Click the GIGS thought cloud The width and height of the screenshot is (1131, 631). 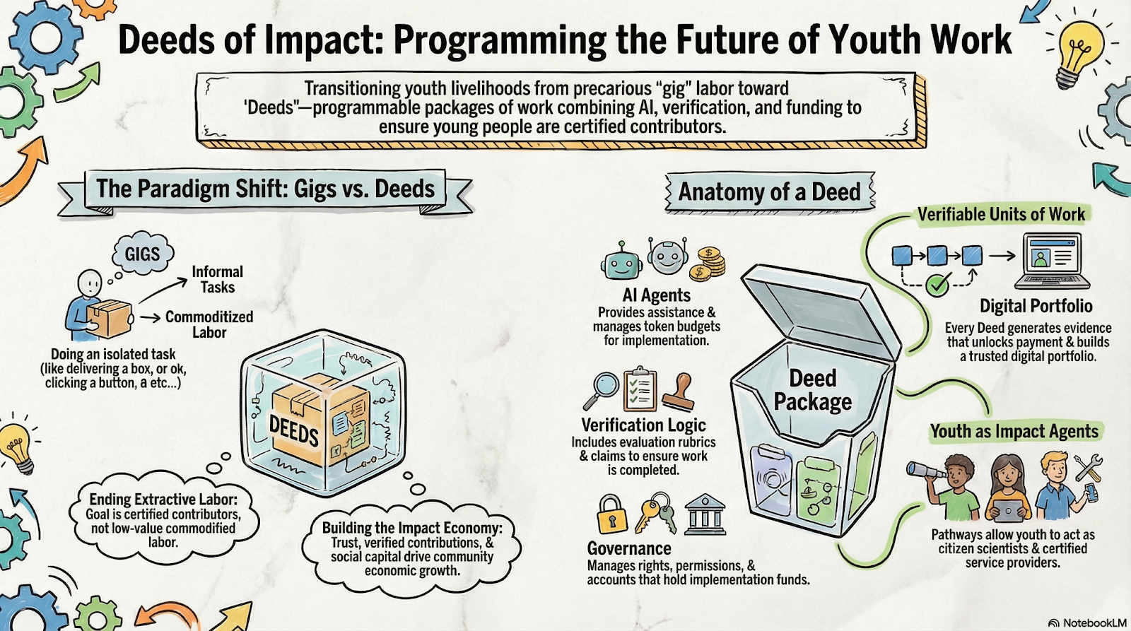click(143, 254)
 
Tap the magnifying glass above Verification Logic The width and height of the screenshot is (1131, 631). click(601, 390)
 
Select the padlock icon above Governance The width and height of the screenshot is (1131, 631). click(612, 514)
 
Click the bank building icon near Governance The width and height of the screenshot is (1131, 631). click(705, 514)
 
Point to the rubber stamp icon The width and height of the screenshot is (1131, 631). click(679, 392)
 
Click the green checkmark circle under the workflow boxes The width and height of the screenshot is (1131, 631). click(937, 285)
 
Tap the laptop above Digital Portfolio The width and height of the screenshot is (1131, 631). click(1052, 261)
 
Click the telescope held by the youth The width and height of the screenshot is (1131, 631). click(927, 471)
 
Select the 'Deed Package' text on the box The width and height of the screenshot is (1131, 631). click(813, 390)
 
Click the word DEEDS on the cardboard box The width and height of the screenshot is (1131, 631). click(294, 430)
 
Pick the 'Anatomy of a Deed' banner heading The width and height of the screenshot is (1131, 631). click(769, 191)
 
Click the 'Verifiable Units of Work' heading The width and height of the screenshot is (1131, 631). click(1001, 214)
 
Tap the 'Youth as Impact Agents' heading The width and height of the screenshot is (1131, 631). click(1014, 431)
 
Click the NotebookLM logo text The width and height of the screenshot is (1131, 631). click(1094, 623)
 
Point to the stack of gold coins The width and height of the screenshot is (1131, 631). click(708, 264)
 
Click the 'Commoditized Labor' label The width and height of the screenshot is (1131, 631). click(209, 324)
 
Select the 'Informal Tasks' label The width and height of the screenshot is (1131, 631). click(218, 279)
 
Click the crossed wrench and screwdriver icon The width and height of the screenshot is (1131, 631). click(1088, 468)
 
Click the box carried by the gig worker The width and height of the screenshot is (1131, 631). click(110, 319)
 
